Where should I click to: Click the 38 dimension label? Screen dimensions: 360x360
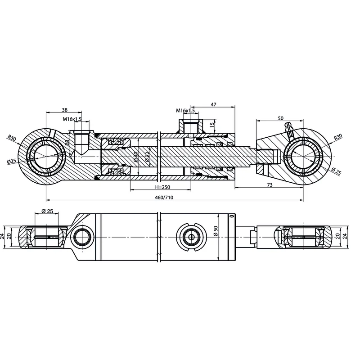[x=64, y=110]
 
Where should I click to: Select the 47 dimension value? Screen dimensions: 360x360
[x=214, y=104]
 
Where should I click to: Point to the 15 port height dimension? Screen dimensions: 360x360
[x=212, y=123]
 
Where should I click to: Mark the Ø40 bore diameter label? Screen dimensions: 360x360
[x=135, y=157]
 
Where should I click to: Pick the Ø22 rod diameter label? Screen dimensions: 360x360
[x=147, y=157]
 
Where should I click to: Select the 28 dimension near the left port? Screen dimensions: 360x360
[x=67, y=142]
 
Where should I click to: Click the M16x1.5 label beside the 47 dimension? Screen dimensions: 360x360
[x=185, y=110]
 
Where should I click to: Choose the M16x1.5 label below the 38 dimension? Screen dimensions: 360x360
[x=72, y=119]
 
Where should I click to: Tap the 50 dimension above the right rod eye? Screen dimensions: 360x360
[x=281, y=118]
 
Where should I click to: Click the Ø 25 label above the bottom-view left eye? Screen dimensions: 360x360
[x=47, y=211]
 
